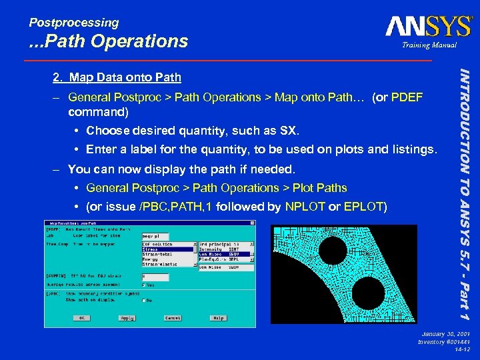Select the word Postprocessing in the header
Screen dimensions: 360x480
[73, 23]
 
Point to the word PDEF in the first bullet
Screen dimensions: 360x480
[406, 97]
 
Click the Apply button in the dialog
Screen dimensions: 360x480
[127, 318]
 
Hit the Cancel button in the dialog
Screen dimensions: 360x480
[173, 318]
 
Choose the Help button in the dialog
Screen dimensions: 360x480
[218, 318]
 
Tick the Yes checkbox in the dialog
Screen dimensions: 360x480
[144, 285]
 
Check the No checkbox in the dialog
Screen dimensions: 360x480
[144, 300]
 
